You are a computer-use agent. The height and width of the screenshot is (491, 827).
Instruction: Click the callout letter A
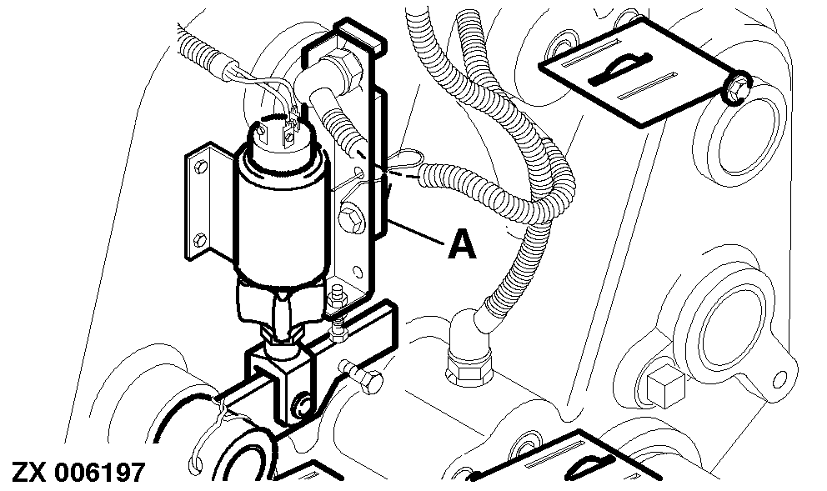[462, 247]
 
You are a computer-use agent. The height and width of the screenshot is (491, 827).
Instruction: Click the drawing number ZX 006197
[78, 473]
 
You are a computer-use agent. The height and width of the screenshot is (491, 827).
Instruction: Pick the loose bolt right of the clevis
[362, 375]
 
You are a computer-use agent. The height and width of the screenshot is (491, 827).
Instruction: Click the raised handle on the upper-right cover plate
[620, 68]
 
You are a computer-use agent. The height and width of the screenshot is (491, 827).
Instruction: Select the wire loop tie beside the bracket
[405, 158]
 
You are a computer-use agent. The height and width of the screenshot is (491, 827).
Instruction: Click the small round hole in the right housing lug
[779, 378]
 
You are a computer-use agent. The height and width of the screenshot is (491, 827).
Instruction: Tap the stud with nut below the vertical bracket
[338, 317]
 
